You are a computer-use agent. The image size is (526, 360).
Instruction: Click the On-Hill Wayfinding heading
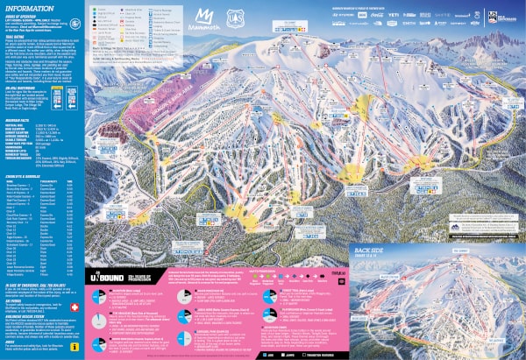[21, 89]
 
